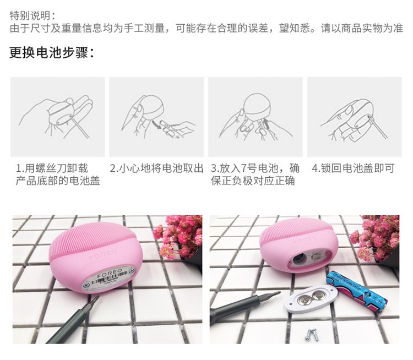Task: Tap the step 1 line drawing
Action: click(57, 117)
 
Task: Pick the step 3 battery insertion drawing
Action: click(255, 117)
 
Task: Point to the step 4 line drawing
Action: click(354, 117)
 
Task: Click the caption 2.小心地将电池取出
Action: click(156, 168)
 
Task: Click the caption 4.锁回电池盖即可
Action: click(353, 168)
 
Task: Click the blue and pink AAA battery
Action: click(357, 291)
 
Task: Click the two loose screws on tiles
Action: click(312, 335)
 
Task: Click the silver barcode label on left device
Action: click(110, 279)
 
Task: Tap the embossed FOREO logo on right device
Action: click(305, 239)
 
